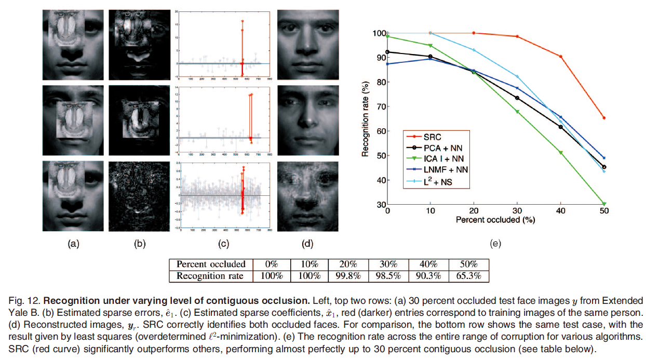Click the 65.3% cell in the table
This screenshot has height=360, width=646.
pyautogui.click(x=468, y=276)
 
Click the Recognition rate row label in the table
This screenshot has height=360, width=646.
pyautogui.click(x=211, y=276)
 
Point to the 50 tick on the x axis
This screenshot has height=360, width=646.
pyautogui.click(x=603, y=211)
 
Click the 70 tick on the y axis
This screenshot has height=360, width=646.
pyautogui.click(x=380, y=106)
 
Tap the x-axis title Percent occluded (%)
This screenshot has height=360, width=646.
pyautogui.click(x=495, y=220)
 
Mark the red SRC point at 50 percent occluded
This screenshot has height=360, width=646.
pyautogui.click(x=604, y=118)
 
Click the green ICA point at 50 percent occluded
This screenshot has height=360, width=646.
pyautogui.click(x=604, y=204)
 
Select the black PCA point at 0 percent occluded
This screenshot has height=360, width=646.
pyautogui.click(x=387, y=52)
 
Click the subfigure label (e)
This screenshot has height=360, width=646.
pyautogui.click(x=495, y=243)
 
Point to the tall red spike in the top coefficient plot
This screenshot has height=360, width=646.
pyautogui.click(x=242, y=42)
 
